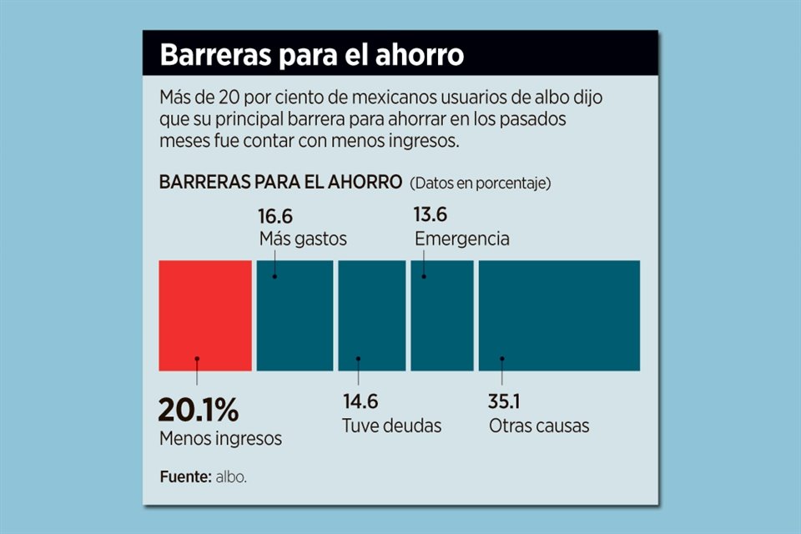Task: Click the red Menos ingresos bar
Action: (205, 315)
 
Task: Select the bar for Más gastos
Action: (295, 315)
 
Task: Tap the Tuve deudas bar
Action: (371, 315)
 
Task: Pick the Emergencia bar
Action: (441, 315)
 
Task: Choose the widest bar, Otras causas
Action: (559, 315)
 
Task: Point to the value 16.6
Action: (276, 215)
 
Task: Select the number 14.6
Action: (360, 401)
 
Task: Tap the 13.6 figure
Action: (431, 215)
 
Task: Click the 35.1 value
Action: (505, 401)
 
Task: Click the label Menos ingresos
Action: (220, 438)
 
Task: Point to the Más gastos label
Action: (303, 239)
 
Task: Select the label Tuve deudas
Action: (391, 426)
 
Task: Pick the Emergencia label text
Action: (462, 239)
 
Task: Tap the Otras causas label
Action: (539, 426)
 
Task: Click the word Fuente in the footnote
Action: (184, 477)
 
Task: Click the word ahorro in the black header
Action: (417, 56)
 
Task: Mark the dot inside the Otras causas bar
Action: (502, 359)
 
